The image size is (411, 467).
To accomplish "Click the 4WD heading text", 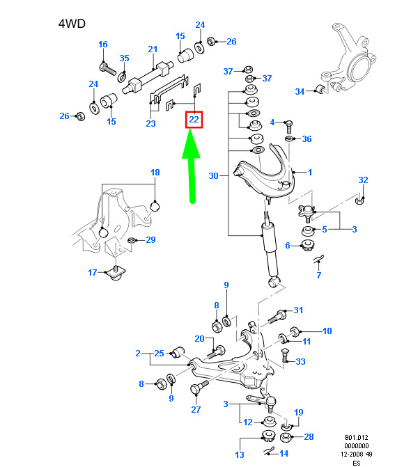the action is point(72,24).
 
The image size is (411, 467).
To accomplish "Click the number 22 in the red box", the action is point(194,120).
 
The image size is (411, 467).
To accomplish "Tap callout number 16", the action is point(103,45).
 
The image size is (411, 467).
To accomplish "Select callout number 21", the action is point(153,49).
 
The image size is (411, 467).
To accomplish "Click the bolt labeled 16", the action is point(107,69).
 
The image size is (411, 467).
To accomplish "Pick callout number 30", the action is point(213,175).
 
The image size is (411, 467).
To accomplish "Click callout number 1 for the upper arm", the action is point(310,172).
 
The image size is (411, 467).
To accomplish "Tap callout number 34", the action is point(300,91).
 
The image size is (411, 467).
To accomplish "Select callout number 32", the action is point(363,180).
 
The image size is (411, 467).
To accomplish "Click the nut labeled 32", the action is point(359,200).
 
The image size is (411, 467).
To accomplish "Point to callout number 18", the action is point(155,172).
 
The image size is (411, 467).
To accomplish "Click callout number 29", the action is point(150,239).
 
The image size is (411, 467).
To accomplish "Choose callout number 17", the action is point(93,272).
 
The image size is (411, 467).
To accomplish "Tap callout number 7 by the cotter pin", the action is point(319,275).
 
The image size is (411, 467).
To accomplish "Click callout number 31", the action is point(298,310).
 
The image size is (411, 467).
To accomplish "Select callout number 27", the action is point(196,409).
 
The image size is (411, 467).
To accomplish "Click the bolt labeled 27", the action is point(199,387).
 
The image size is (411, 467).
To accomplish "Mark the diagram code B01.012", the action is point(357,438).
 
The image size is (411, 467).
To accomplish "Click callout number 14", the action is point(284,453).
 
